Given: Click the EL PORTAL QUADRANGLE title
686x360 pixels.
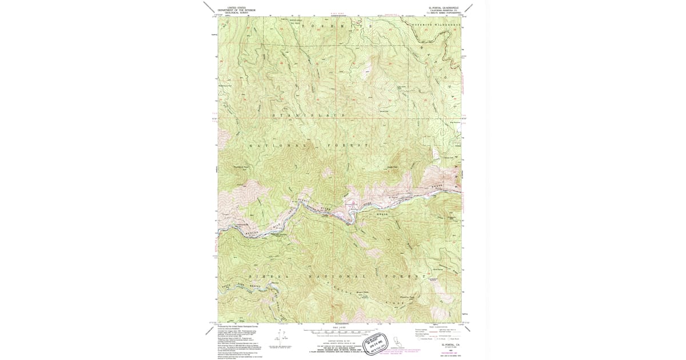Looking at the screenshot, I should coord(447,9).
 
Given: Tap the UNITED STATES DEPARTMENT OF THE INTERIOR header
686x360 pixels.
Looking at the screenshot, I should coord(241,9).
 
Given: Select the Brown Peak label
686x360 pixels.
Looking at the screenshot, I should coord(361,292).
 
